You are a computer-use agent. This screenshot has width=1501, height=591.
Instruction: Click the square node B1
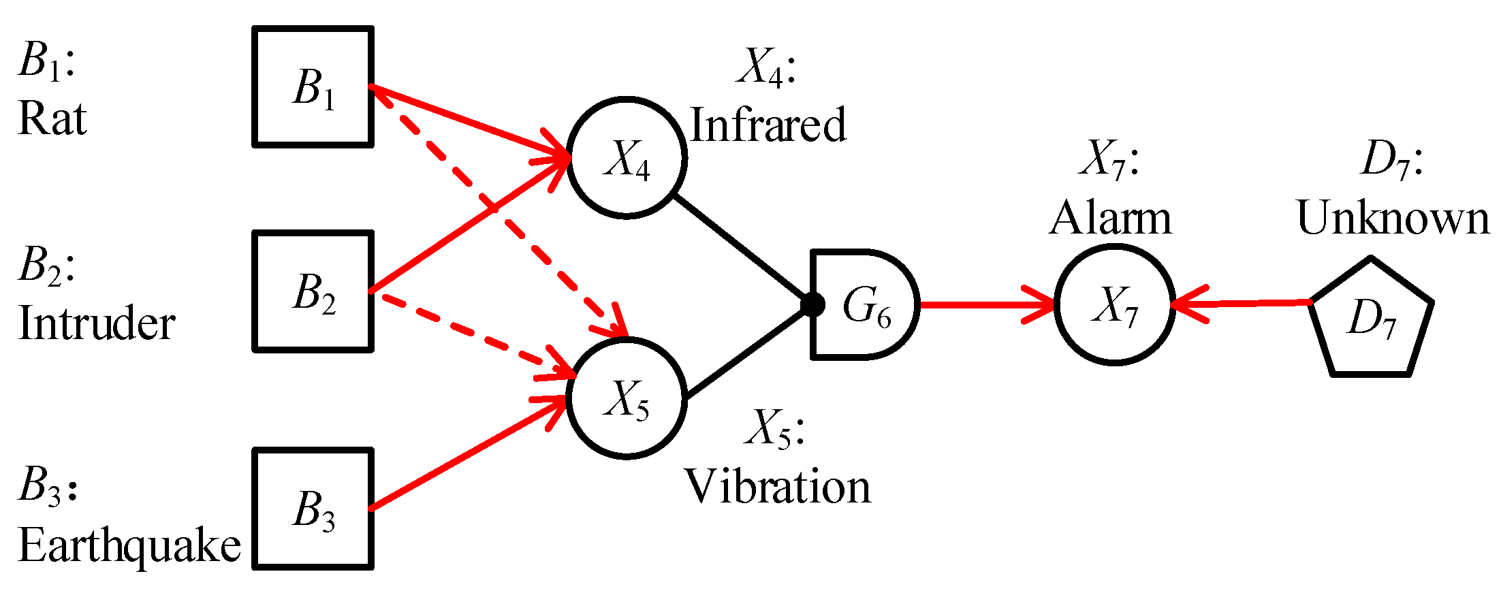[313, 86]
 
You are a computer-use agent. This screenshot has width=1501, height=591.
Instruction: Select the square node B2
[313, 291]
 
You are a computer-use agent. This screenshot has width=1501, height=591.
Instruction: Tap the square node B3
[313, 509]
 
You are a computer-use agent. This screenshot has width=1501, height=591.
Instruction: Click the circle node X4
[627, 158]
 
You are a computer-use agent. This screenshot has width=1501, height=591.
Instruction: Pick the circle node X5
[627, 399]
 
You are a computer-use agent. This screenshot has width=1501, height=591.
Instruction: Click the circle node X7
[1115, 304]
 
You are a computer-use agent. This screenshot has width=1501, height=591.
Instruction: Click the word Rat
[52, 120]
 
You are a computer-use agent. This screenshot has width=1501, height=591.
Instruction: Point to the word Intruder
[97, 323]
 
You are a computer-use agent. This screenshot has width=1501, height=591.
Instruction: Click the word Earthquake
[129, 546]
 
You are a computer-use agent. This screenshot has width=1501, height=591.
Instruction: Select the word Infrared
[768, 125]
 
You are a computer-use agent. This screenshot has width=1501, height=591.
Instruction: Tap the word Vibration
[777, 488]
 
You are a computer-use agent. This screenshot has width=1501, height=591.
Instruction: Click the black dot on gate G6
[812, 304]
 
